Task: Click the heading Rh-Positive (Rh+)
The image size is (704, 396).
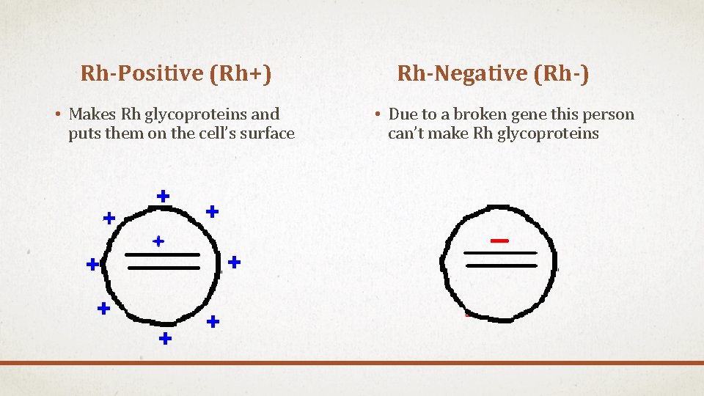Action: pyautogui.click(x=176, y=73)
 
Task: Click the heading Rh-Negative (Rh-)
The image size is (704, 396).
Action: pyautogui.click(x=493, y=73)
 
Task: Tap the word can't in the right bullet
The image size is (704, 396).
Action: pyautogui.click(x=405, y=133)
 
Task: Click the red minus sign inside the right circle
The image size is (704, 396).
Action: pyautogui.click(x=499, y=241)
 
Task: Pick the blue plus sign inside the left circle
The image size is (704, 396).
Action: pyautogui.click(x=158, y=241)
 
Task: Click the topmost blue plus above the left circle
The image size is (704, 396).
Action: pyautogui.click(x=164, y=196)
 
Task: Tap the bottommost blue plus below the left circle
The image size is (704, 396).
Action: pyautogui.click(x=166, y=338)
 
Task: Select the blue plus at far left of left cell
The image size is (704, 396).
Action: pyautogui.click(x=92, y=264)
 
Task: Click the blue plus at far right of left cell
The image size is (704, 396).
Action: pyautogui.click(x=234, y=261)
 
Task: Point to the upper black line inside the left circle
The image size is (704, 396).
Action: pyautogui.click(x=162, y=254)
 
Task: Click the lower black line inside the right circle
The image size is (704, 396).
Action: pyautogui.click(x=502, y=265)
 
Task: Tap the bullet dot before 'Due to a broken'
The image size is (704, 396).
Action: pyautogui.click(x=375, y=115)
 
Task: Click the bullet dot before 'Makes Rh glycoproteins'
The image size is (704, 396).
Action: pyautogui.click(x=56, y=115)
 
